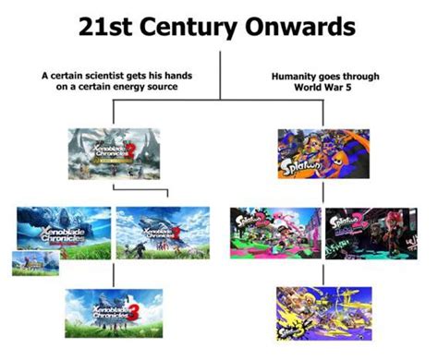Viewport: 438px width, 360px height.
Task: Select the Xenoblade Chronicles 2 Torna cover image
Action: tap(113, 153)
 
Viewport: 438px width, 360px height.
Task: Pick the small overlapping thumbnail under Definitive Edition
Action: tap(30, 262)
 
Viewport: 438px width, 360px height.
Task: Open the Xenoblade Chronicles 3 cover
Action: tap(113, 310)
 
